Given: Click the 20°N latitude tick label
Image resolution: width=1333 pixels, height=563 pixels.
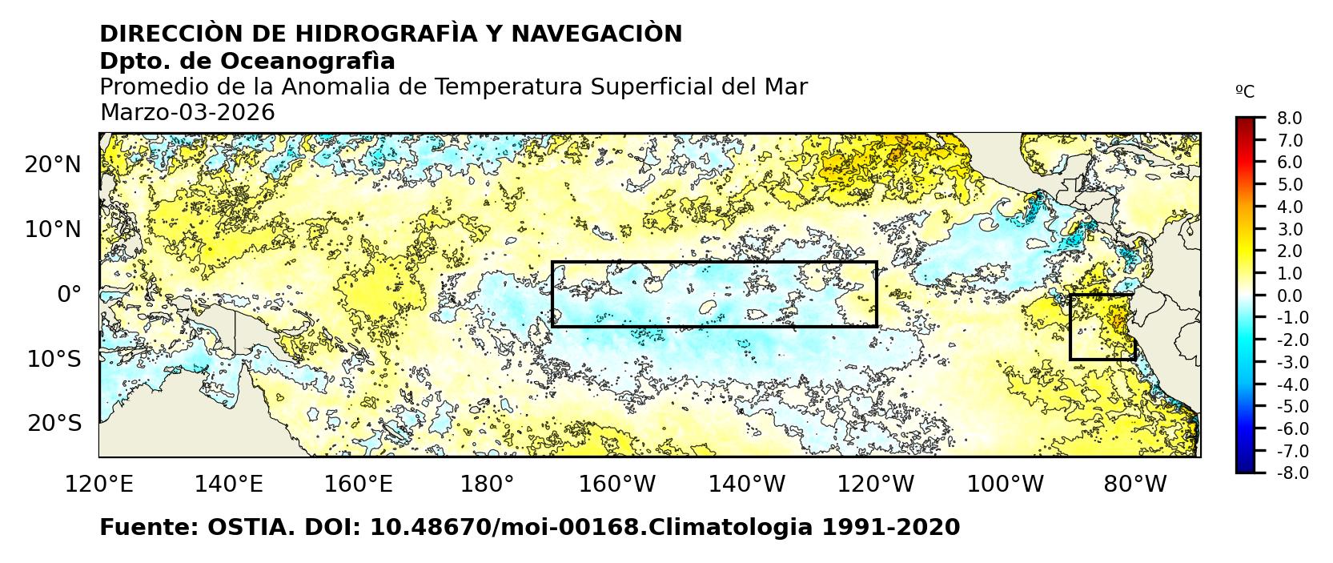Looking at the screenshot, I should click(x=53, y=165).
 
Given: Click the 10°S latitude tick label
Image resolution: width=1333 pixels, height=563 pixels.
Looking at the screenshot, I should click(x=54, y=359).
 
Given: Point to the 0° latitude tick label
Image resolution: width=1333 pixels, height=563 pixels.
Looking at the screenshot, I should click(x=69, y=294).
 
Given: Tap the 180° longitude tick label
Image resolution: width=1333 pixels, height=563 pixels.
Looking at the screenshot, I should click(x=488, y=484).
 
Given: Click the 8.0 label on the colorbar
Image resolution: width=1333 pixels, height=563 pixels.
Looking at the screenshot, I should click(x=1289, y=119).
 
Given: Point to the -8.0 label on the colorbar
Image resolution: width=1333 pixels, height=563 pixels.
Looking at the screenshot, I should click(x=1291, y=473).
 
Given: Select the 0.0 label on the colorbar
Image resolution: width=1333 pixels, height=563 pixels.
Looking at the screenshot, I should click(x=1289, y=296).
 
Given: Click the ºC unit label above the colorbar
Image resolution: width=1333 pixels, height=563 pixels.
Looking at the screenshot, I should click(x=1245, y=92).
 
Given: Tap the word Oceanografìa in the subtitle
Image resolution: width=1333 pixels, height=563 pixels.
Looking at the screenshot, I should click(x=307, y=61).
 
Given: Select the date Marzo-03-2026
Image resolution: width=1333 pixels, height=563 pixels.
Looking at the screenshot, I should click(x=187, y=113).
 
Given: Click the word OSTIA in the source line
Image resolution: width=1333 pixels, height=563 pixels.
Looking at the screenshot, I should click(x=246, y=528).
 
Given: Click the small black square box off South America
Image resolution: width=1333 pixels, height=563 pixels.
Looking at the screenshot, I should click(x=1102, y=327).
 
